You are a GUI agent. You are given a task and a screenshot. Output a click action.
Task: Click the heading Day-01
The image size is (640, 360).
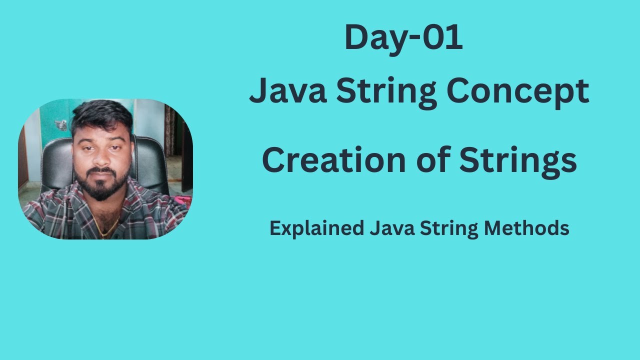403,38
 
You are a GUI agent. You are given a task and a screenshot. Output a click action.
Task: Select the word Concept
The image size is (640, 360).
518,92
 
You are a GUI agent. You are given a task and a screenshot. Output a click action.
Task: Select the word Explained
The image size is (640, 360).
316,228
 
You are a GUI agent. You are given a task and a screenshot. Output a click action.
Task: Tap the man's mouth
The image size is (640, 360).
103,173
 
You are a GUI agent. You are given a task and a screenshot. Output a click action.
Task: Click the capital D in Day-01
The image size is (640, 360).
356,38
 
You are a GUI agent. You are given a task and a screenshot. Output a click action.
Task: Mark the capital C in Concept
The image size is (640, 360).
458,92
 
